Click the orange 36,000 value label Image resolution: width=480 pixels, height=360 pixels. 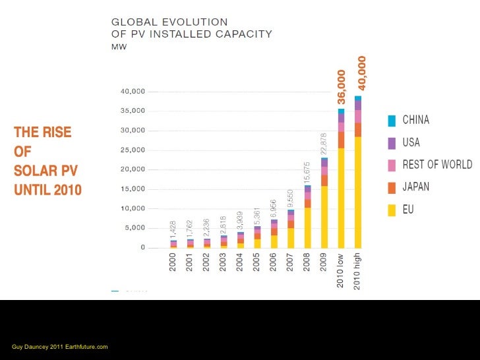(x=341, y=87)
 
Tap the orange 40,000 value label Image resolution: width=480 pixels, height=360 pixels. (x=361, y=73)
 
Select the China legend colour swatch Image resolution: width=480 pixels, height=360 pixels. (x=392, y=120)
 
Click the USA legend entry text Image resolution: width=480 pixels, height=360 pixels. (x=411, y=142)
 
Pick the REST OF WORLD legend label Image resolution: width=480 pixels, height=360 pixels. (x=437, y=165)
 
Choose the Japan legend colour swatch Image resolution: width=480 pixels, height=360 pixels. (x=392, y=187)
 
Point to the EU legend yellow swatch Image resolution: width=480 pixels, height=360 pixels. (x=392, y=210)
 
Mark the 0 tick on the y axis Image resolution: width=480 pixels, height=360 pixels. (x=142, y=248)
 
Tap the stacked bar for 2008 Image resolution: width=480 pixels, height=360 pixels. (x=308, y=217)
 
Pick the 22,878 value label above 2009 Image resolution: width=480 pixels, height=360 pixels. (x=324, y=144)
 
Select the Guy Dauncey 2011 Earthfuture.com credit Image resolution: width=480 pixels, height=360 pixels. (x=60, y=347)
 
